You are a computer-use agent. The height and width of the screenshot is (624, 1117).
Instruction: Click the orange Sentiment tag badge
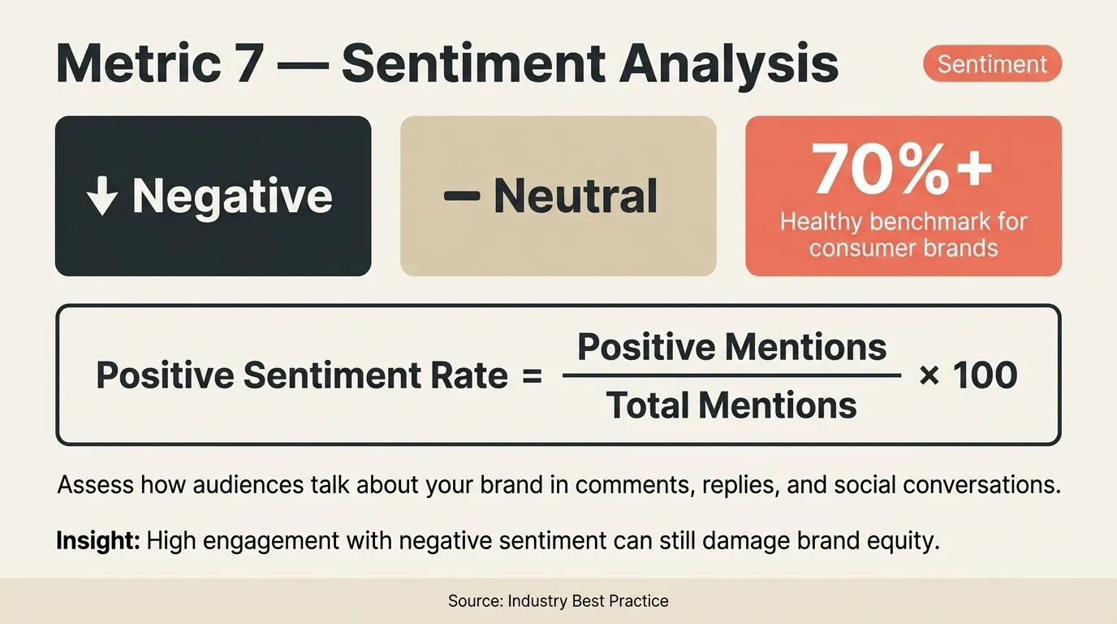(x=992, y=64)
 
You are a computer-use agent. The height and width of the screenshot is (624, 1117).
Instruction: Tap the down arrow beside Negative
(x=102, y=197)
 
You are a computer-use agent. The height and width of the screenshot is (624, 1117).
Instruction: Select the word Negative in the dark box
(x=232, y=197)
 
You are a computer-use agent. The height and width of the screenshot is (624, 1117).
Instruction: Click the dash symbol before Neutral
(x=462, y=197)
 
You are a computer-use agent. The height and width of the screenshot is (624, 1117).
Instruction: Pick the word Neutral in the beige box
(x=576, y=197)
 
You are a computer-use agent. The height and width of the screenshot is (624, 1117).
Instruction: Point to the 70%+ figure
(x=902, y=170)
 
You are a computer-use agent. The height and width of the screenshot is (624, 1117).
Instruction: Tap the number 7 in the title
(x=244, y=64)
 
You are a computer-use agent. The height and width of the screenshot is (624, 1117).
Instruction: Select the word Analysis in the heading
(x=728, y=64)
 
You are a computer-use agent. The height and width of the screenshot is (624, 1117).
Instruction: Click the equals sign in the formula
(x=532, y=376)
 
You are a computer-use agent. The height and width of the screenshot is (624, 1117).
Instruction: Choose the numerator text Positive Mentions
(x=731, y=348)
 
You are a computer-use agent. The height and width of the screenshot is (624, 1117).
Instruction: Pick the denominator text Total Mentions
(x=731, y=405)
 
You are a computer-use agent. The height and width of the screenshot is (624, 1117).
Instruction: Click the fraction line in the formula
(x=731, y=376)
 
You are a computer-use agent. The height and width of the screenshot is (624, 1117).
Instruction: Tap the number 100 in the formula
(x=985, y=376)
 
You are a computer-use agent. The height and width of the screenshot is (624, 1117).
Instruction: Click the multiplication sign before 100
(x=929, y=376)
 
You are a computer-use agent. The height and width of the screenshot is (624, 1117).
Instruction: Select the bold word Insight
(x=97, y=540)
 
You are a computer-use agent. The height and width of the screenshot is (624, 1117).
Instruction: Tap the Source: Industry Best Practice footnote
(x=558, y=601)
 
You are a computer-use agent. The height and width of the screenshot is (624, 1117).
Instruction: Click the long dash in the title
(x=301, y=64)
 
